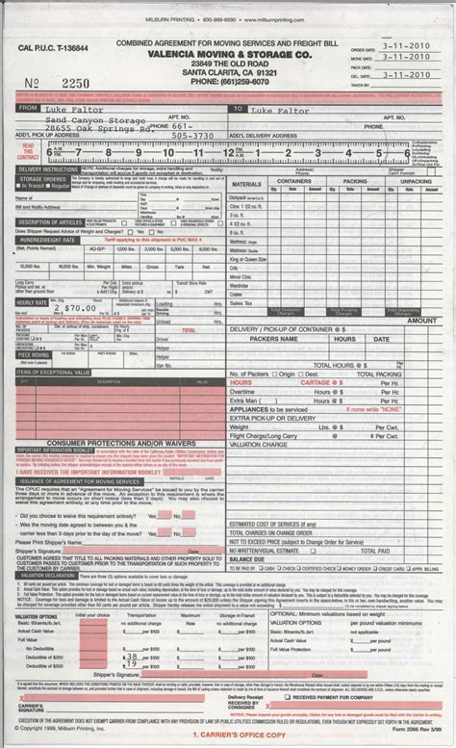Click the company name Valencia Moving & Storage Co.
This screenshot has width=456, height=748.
(216, 55)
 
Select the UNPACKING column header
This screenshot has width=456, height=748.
(417, 181)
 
